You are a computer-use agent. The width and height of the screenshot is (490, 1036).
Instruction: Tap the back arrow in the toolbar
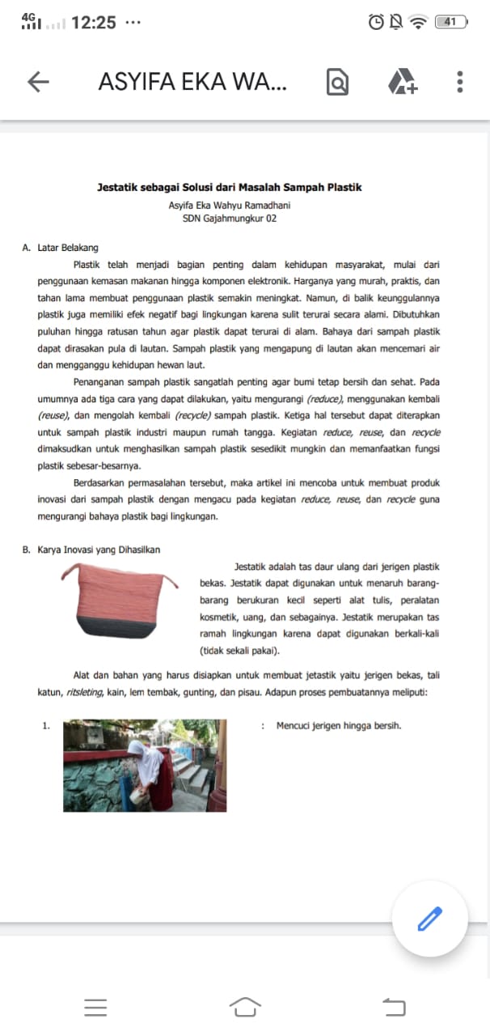pos(38,82)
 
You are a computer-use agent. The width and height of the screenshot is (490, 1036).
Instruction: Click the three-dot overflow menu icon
pos(459,82)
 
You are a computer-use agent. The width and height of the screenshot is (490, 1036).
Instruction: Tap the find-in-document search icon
pos(337,83)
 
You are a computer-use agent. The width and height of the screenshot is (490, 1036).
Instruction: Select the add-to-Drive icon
pos(402,82)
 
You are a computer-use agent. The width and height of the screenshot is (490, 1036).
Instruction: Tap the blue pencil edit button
pos(430,919)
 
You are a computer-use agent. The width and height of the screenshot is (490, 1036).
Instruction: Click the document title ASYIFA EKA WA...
pos(192,82)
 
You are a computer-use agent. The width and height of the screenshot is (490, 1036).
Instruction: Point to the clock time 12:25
pos(93,23)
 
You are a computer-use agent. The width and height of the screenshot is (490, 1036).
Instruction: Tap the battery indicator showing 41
pos(451,23)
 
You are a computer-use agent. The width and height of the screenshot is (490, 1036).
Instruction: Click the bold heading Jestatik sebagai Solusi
pos(229,188)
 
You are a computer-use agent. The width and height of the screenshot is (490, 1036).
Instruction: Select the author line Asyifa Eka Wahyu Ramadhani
pos(230,206)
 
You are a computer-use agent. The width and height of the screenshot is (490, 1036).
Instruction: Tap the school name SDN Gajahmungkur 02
pos(230,219)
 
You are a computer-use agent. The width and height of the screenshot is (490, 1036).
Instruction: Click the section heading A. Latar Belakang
pos(61,248)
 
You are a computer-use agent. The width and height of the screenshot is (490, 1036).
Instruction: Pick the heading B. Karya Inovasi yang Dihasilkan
pos(91,550)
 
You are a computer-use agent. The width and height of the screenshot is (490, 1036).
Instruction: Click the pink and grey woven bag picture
pos(122,604)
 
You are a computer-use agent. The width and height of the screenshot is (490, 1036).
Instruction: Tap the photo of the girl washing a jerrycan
pos(145,766)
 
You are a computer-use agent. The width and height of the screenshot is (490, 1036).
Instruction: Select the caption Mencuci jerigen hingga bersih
pos(339,725)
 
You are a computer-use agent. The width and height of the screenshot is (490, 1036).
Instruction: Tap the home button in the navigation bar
pos(245,1007)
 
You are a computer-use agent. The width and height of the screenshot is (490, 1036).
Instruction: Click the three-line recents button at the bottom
pos(95,1007)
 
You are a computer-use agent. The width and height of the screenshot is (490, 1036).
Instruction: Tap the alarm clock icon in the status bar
pos(376,23)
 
